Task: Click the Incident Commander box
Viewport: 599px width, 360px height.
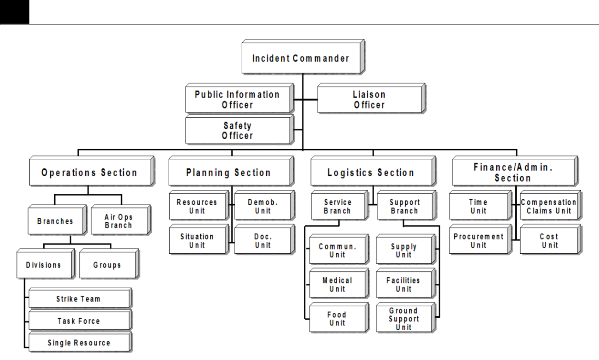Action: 303,57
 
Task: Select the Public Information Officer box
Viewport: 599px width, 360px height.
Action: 239,98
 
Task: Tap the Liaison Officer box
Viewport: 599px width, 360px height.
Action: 371,98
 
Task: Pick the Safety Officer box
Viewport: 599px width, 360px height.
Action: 239,129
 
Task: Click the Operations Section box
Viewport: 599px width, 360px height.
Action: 92,171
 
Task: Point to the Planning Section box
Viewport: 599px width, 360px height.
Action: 231,171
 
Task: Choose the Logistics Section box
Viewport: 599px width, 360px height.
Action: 373,171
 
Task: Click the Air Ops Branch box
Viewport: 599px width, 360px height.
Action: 121,220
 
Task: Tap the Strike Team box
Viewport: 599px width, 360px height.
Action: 80,298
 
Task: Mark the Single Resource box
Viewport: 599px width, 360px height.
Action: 80,342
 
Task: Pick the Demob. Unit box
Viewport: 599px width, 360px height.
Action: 265,205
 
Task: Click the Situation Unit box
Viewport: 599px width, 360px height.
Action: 199,239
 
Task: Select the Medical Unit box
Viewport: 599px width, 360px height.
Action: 339,283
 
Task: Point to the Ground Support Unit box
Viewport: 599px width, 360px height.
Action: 406,318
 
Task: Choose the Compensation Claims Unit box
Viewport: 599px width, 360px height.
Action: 550,205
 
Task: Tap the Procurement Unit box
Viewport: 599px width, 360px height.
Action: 480,239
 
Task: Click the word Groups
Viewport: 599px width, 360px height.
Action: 107,265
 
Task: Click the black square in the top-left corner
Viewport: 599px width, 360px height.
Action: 15,12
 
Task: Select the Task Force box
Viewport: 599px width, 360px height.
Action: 80,320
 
